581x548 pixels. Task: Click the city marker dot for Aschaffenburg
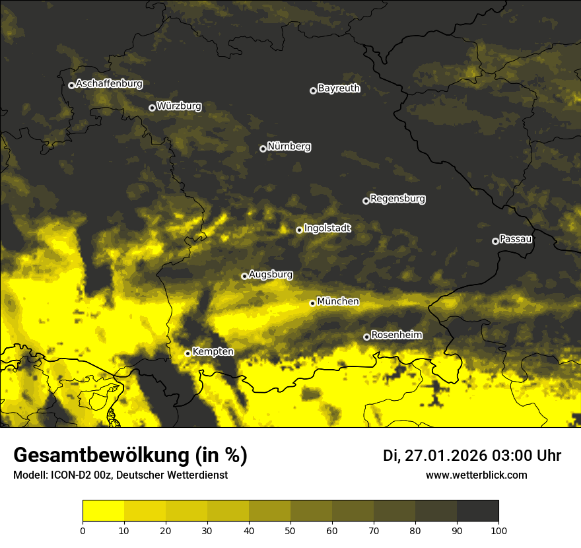[71, 85]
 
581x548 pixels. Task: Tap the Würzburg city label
[179, 106]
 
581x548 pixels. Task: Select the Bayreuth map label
[339, 88]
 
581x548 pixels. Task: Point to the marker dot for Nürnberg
[263, 149]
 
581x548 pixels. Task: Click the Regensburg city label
[397, 199]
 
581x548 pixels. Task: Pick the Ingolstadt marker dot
[299, 230]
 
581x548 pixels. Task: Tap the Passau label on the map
[516, 239]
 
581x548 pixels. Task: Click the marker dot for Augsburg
[244, 276]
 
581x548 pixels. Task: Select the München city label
[338, 302]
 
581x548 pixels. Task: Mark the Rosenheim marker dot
[366, 337]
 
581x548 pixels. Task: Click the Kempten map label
[213, 352]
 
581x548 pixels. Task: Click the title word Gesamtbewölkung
[99, 456]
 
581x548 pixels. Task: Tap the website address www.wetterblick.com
[476, 475]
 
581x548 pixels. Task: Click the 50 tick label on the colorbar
[290, 530]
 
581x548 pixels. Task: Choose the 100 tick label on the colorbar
[498, 530]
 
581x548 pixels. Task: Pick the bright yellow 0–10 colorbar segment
[103, 511]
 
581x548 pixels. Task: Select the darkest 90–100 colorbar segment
[477, 511]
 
